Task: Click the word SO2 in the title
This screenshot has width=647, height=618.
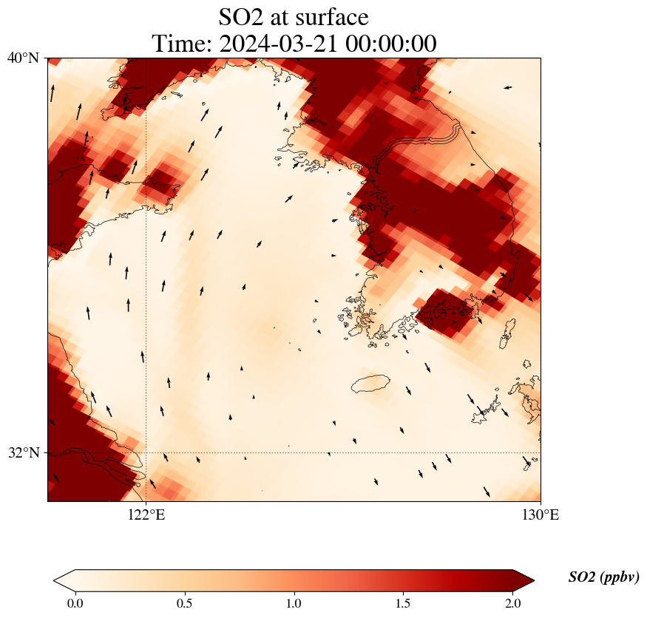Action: pyautogui.click(x=243, y=16)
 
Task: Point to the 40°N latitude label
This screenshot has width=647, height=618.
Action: pyautogui.click(x=24, y=58)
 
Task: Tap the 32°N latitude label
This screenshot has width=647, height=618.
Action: pyautogui.click(x=24, y=452)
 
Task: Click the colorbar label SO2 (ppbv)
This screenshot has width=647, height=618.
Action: pyautogui.click(x=603, y=577)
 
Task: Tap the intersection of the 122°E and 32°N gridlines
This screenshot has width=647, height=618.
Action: pyautogui.click(x=146, y=452)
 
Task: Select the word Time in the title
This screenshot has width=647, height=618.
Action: pyautogui.click(x=180, y=44)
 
